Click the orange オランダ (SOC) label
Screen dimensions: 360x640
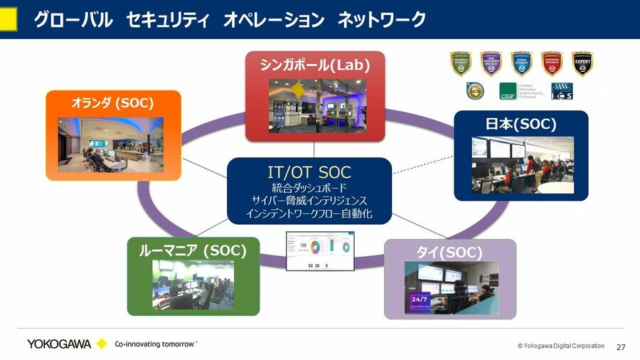[112, 103]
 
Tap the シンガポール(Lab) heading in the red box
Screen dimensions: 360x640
[315, 65]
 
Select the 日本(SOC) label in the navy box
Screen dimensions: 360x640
[521, 124]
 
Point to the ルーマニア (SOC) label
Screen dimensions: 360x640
[192, 250]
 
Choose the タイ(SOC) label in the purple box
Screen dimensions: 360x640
[449, 253]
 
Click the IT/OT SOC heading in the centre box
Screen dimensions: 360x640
[309, 172]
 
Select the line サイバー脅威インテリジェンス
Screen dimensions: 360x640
[309, 201]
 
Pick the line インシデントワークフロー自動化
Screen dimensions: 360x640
[309, 213]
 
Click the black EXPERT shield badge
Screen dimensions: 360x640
[582, 63]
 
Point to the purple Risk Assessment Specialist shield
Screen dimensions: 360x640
[491, 63]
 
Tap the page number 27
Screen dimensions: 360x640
[621, 347]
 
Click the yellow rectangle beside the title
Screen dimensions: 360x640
[8, 19]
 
